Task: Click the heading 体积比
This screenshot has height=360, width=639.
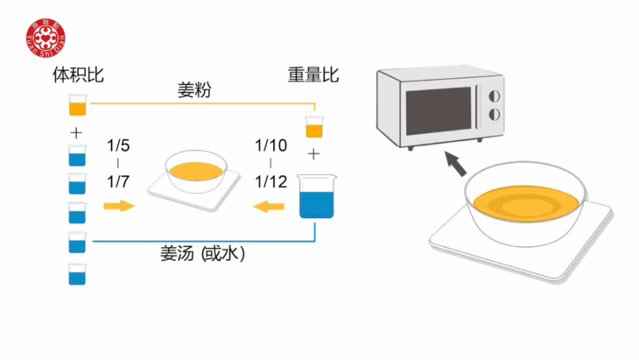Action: click(x=78, y=76)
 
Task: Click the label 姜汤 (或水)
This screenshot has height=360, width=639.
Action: click(x=202, y=254)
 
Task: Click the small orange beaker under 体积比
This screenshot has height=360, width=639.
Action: click(x=77, y=106)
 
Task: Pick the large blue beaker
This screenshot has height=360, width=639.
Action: click(x=313, y=196)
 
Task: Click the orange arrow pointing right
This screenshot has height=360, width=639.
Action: click(x=118, y=206)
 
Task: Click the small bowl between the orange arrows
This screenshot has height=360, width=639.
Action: click(x=194, y=171)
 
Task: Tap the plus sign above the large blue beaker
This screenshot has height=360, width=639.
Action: click(x=313, y=155)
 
